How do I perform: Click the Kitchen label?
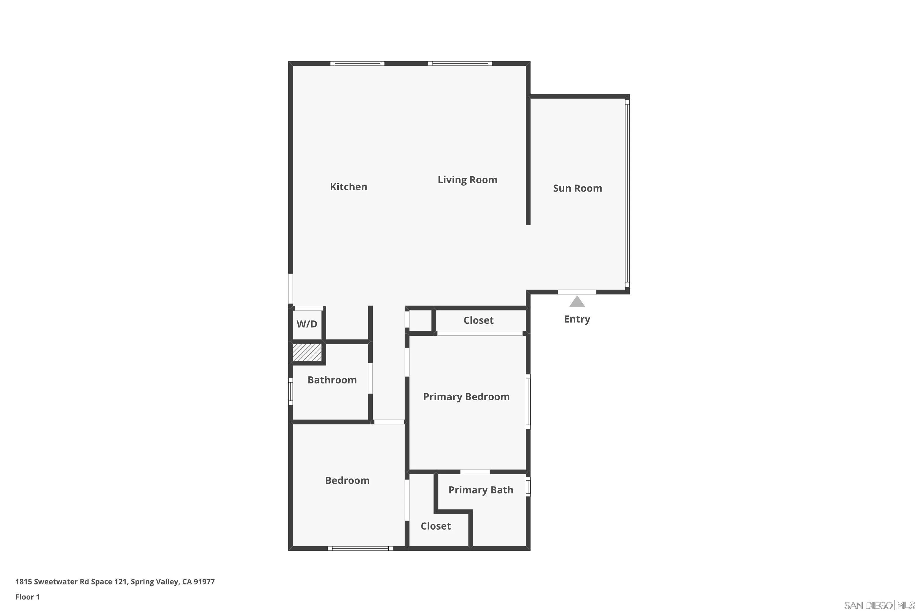pyautogui.click(x=349, y=187)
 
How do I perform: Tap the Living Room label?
pyautogui.click(x=467, y=180)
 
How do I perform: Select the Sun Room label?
pyautogui.click(x=577, y=188)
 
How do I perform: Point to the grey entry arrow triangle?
pyautogui.click(x=577, y=302)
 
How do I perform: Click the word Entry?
pyautogui.click(x=577, y=319)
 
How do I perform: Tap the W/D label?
pyautogui.click(x=307, y=324)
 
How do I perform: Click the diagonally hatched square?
pyautogui.click(x=307, y=353)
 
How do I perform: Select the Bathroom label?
pyautogui.click(x=332, y=380)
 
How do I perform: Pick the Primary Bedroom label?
pyautogui.click(x=466, y=397)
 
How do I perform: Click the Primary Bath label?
pyautogui.click(x=480, y=490)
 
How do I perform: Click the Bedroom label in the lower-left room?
pyautogui.click(x=347, y=480)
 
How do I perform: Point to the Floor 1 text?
pyautogui.click(x=27, y=597)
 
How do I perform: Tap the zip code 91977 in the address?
pyautogui.click(x=204, y=582)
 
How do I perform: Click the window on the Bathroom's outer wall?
pyautogui.click(x=290, y=391)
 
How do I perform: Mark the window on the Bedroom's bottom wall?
pyautogui.click(x=360, y=548)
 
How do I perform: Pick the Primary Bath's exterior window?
pyautogui.click(x=528, y=487)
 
